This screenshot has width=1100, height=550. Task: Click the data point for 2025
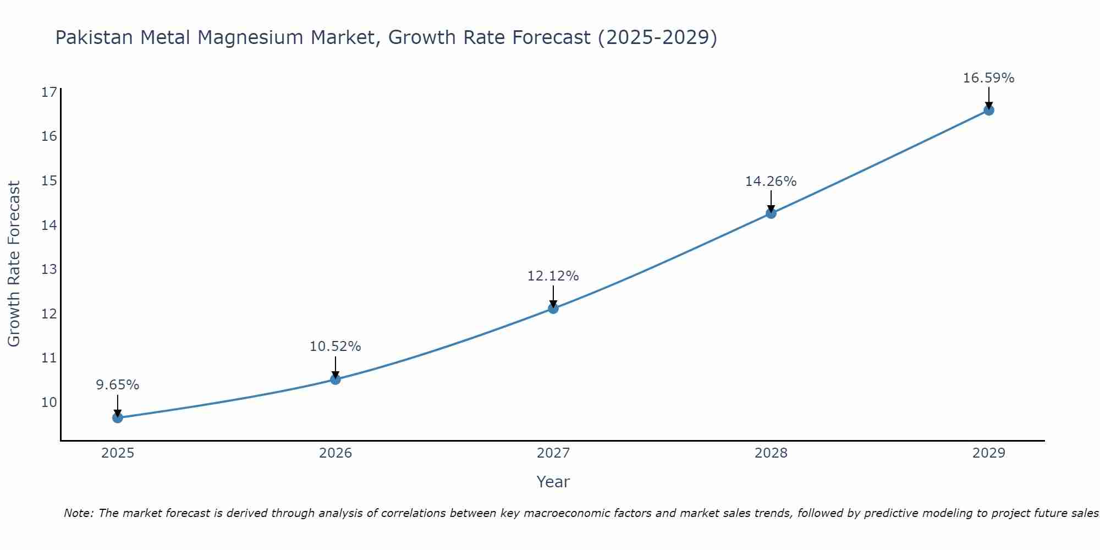[118, 417]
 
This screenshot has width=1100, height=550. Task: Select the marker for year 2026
[335, 379]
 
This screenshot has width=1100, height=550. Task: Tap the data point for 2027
[553, 309]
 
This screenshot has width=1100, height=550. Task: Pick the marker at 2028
[771, 213]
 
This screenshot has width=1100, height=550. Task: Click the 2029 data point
[988, 110]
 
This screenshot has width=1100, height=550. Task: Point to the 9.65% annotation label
[118, 385]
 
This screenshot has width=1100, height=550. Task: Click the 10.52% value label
[335, 346]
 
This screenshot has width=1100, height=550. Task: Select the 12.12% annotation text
[553, 276]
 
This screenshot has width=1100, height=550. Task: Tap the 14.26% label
[771, 182]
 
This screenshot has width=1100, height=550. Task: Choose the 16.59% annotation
[988, 78]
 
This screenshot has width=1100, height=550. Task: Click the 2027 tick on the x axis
[553, 453]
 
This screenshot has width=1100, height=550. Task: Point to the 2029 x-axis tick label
[988, 453]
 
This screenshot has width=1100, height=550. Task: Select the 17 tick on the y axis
[50, 92]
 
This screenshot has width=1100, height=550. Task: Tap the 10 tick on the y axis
[50, 402]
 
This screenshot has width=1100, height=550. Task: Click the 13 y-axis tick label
[50, 269]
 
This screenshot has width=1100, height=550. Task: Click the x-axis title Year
[553, 482]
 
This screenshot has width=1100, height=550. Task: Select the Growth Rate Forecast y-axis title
[14, 264]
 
